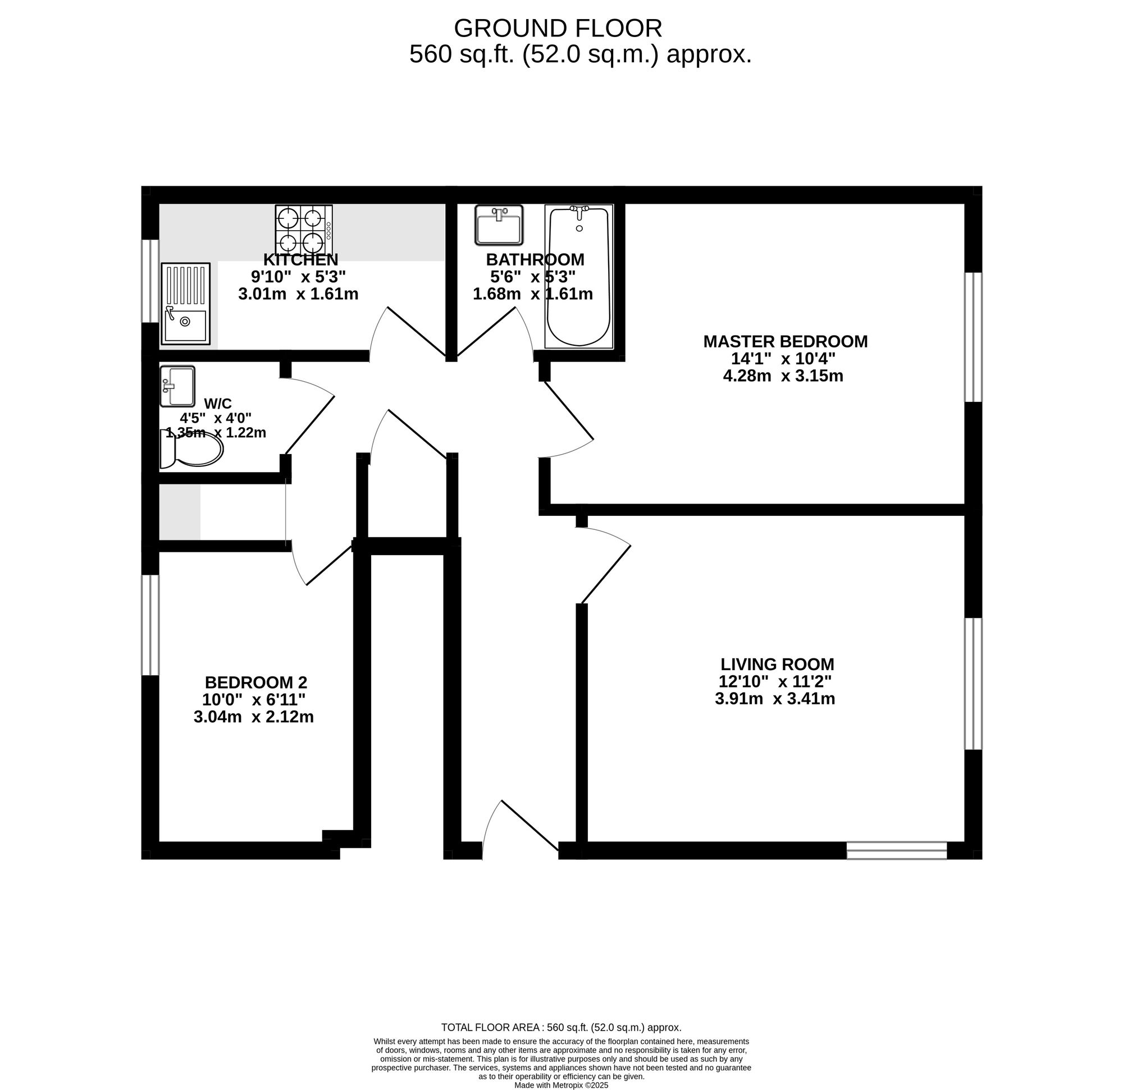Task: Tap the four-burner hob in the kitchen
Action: pos(304,230)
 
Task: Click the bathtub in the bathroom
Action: pos(579,276)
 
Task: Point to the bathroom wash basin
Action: pos(499,225)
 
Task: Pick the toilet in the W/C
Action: pos(191,450)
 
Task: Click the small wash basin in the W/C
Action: pos(177,386)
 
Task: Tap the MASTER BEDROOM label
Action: pos(786,341)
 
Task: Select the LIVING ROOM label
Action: pos(777,665)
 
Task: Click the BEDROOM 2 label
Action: pos(256,683)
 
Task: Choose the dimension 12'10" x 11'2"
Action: pos(775,681)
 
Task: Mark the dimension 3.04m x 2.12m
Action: pos(254,717)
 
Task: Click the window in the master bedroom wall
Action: pos(974,337)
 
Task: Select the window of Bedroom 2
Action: pos(150,625)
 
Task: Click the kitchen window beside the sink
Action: pos(150,281)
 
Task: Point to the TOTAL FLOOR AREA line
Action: pos(561,1028)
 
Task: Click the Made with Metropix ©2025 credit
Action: pos(561,1086)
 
